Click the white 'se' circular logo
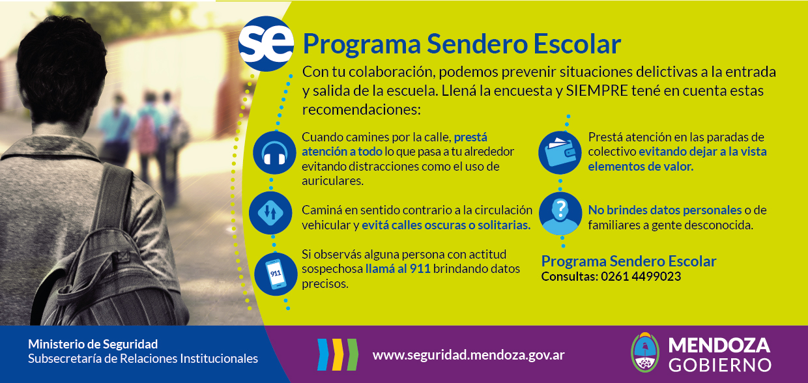(266, 44)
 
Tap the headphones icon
(274, 152)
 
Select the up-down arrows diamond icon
(270, 213)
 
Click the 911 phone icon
(276, 274)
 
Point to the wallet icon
(560, 152)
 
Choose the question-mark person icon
(560, 214)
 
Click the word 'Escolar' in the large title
(577, 44)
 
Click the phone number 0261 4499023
(641, 277)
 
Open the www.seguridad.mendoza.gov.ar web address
(469, 355)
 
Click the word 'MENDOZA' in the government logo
(719, 345)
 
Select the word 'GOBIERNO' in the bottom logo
(720, 365)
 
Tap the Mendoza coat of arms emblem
(645, 352)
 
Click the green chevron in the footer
(353, 354)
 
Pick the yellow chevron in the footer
(338, 354)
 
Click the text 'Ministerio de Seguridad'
(93, 344)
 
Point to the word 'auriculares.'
(332, 181)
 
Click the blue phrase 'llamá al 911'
(398, 269)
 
